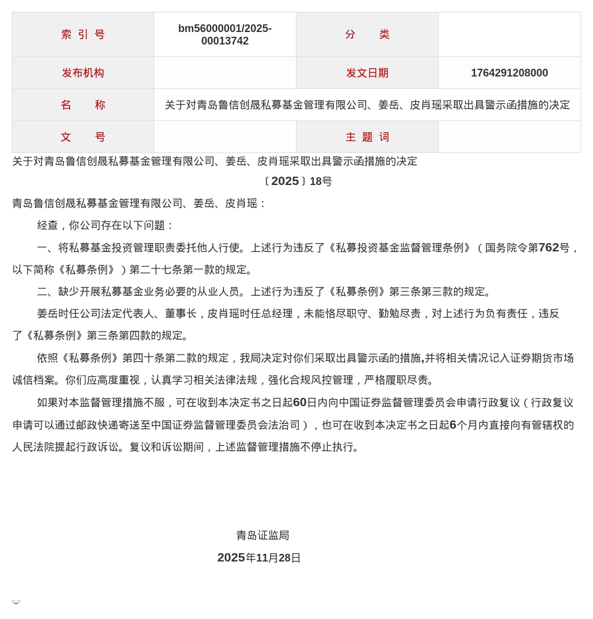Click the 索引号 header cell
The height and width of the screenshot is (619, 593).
pos(83,34)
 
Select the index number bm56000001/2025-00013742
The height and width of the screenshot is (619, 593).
pos(225,35)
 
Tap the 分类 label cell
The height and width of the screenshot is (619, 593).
pos(367,34)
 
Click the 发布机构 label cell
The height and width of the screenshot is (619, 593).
pos(83,73)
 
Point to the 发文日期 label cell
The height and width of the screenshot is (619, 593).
pos(367,73)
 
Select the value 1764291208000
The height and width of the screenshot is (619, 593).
pos(509,73)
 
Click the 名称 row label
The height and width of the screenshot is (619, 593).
pos(83,105)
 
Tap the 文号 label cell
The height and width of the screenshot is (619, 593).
pos(83,137)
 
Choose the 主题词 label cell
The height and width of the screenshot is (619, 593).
pos(367,137)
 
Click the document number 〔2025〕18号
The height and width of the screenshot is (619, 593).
pos(297,181)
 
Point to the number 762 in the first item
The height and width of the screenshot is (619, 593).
pos(549,248)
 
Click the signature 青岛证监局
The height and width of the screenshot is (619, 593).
pos(263,535)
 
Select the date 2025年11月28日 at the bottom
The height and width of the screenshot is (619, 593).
pos(259,558)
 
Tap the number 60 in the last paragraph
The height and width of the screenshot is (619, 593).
pos(299,403)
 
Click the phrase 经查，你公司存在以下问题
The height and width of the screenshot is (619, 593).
pos(101,225)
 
